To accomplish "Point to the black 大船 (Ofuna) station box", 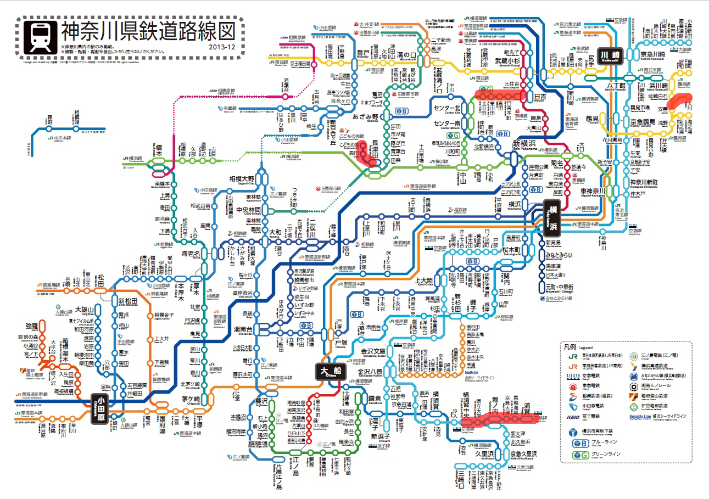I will (x=331, y=371).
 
